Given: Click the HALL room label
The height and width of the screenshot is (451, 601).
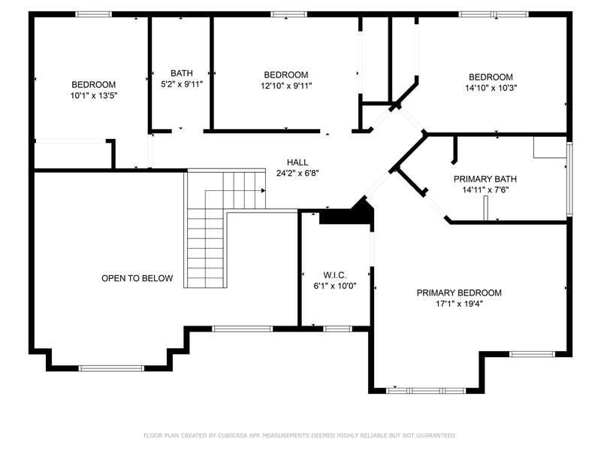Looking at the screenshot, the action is (x=297, y=162).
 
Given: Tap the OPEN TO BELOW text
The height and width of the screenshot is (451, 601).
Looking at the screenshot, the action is (x=137, y=278).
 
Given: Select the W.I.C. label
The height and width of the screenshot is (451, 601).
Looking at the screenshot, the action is (x=335, y=275).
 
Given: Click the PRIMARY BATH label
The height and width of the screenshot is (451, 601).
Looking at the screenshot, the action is (x=485, y=179).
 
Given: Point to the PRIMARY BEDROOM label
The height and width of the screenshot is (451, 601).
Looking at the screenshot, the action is (x=459, y=293).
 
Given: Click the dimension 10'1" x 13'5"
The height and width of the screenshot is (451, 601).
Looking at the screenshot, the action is (x=93, y=95).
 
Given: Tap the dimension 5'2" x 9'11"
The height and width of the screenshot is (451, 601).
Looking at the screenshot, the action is (x=182, y=84).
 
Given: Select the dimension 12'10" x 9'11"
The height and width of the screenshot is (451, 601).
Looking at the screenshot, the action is (x=286, y=86).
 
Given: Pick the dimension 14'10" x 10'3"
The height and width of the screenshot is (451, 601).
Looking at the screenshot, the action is (x=491, y=88).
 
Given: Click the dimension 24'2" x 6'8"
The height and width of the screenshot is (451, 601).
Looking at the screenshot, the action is (x=297, y=174).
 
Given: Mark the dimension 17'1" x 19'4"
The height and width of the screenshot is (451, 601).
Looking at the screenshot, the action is (x=459, y=304).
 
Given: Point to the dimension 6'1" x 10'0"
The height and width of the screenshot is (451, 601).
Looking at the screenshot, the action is (x=335, y=286).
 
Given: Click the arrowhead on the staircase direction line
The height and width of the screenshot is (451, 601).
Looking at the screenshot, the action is (x=264, y=191).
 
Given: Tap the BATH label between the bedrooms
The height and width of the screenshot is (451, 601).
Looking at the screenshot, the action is (x=182, y=73).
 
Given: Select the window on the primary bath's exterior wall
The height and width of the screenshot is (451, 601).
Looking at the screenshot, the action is (x=569, y=179).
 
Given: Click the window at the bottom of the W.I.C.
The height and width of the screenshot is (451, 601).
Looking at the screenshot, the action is (x=337, y=329).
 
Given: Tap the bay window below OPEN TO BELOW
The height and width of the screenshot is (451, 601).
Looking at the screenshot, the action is (x=111, y=368).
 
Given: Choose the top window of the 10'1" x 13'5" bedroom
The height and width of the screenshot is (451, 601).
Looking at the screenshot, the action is (x=93, y=14).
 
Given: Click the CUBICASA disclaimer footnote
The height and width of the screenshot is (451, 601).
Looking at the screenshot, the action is (x=300, y=435).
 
